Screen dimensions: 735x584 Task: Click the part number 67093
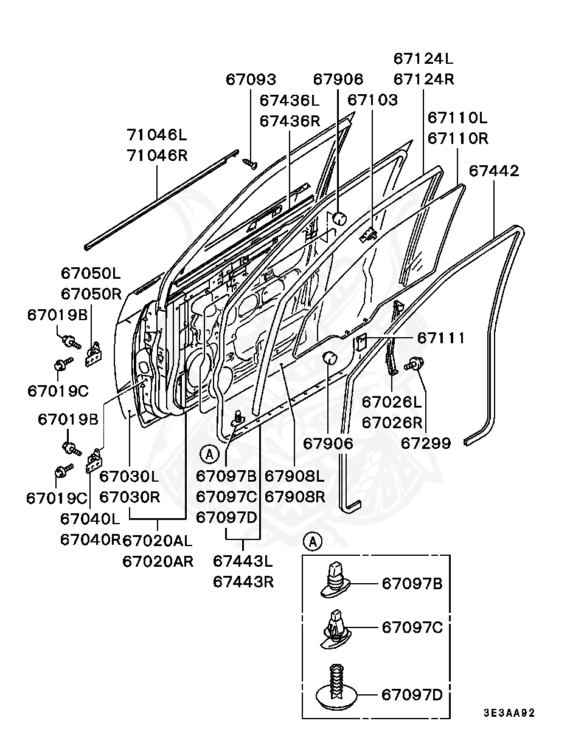251,80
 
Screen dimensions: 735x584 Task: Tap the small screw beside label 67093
250,162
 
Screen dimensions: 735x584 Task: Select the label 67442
494,171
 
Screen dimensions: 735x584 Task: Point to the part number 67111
441,338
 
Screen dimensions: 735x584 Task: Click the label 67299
426,443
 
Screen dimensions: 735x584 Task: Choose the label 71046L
157,134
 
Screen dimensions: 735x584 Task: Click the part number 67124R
423,80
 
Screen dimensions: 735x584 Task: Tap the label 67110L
457,117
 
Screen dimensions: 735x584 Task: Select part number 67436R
290,121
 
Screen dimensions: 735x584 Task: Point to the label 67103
373,100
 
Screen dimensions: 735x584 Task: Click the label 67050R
91,294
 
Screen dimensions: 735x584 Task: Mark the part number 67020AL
158,540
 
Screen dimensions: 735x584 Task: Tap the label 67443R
243,581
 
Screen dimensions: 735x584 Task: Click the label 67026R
392,422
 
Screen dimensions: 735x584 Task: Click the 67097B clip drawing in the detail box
333,579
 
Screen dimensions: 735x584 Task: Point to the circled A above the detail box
312,541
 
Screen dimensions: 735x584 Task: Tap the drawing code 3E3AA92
509,713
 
